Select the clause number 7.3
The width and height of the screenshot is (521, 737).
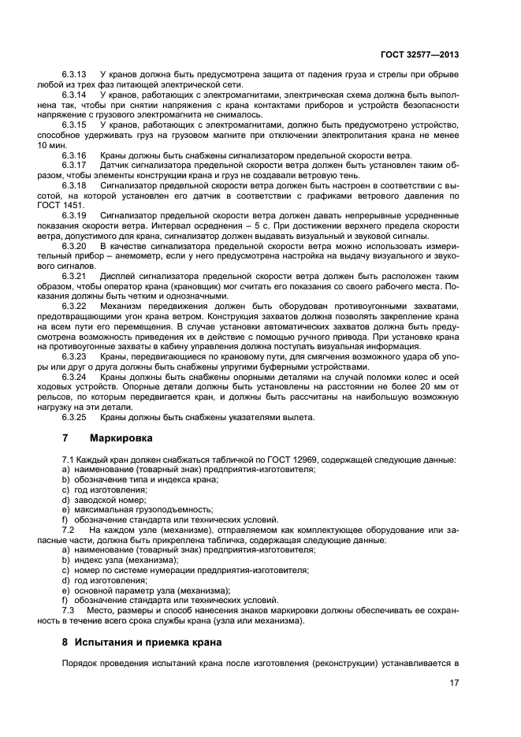(x=68, y=610)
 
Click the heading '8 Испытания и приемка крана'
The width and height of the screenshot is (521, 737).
(x=142, y=642)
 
